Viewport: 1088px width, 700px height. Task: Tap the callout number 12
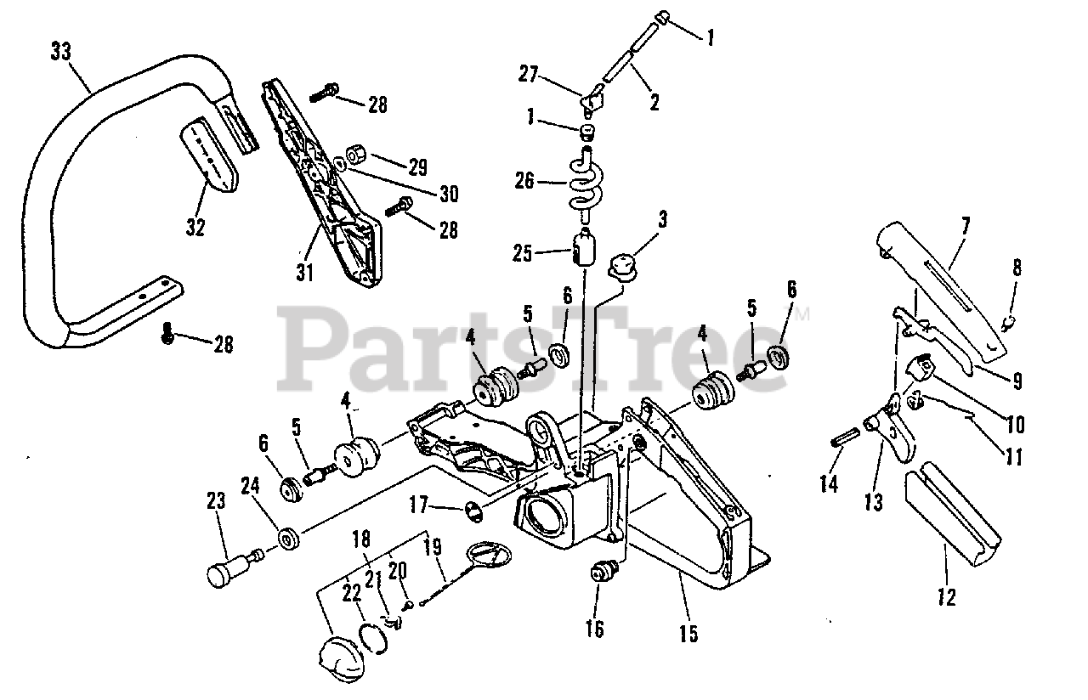click(x=947, y=597)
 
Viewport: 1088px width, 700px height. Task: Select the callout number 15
click(x=688, y=633)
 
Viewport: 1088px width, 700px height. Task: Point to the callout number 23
click(x=217, y=501)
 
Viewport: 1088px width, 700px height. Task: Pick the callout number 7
click(x=965, y=225)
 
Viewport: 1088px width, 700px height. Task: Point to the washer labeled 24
click(x=289, y=539)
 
